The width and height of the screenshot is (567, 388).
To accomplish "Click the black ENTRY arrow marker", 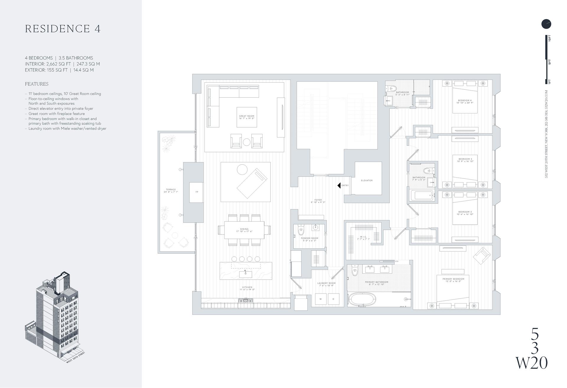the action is coord(339,185).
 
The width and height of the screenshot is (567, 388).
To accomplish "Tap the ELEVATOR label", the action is coord(366,180).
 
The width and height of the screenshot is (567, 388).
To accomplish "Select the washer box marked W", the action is coord(320,299).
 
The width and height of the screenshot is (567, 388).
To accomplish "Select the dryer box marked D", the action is coord(333,299).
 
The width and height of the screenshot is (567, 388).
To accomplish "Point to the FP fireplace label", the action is coord(197,192).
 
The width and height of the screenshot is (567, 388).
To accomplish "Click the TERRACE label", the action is coord(171,190).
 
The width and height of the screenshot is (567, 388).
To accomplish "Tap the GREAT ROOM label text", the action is coord(247,116).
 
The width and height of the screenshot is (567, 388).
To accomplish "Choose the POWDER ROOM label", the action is coord(309,238).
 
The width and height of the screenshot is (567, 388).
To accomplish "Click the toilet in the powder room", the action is coord(301,231).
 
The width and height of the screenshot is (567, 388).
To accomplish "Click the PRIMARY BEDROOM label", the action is coord(453,279).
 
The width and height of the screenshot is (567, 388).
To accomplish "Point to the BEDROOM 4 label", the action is coord(465,100).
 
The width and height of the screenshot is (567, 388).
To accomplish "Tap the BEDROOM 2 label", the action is coord(465,212).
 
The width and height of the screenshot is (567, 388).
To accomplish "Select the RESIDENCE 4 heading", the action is coord(63,29).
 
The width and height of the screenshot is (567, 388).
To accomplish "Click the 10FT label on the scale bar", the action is coord(550,38).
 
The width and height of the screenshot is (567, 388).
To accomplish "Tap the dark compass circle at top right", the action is coord(546,24).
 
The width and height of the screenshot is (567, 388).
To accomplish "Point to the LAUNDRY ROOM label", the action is coord(326,283).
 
